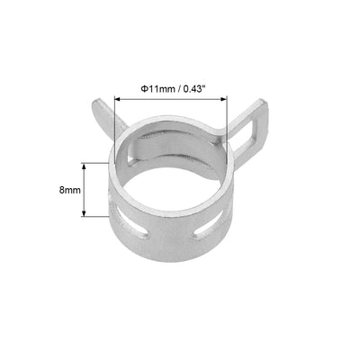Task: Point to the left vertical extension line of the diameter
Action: tap(116, 112)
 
